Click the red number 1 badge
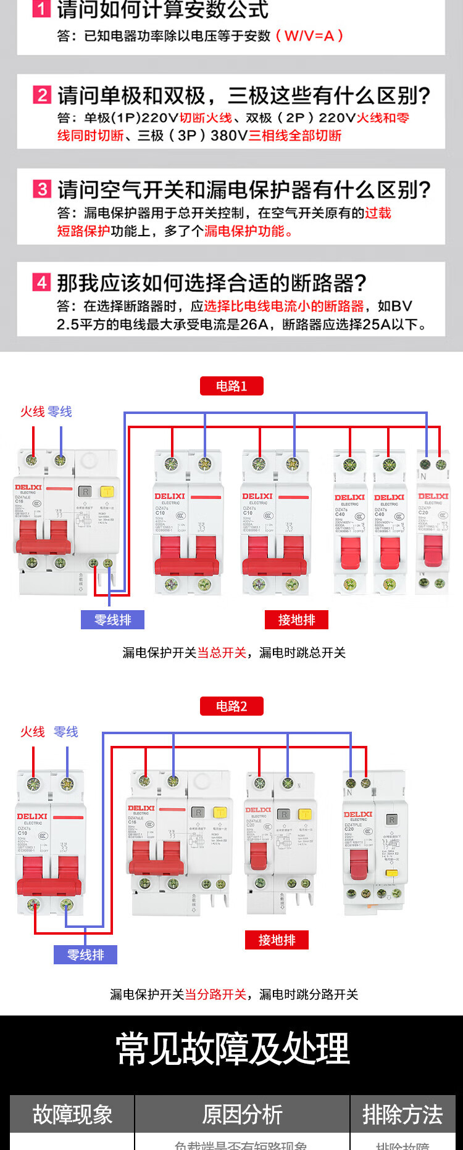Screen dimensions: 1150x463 (41, 9)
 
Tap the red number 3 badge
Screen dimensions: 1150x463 (41, 189)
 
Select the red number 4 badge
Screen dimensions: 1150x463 (41, 283)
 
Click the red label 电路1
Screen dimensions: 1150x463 (231, 386)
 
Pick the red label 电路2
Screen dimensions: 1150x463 (231, 706)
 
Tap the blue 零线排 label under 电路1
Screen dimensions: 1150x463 (112, 620)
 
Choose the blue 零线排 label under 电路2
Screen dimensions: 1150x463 (85, 955)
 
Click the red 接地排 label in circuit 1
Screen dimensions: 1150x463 (296, 620)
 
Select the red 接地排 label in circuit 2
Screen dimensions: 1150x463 (277, 940)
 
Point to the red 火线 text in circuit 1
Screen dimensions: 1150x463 (32, 412)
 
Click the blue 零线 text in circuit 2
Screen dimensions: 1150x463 (66, 732)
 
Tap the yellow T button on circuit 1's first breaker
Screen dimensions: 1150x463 (107, 492)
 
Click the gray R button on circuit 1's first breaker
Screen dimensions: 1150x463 (85, 492)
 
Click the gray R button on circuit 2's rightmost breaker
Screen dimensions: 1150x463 (391, 819)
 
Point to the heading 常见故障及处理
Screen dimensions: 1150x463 (233, 1049)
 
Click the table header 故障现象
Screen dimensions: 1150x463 (72, 1114)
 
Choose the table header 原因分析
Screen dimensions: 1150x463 (242, 1114)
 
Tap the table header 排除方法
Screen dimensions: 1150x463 (403, 1114)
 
